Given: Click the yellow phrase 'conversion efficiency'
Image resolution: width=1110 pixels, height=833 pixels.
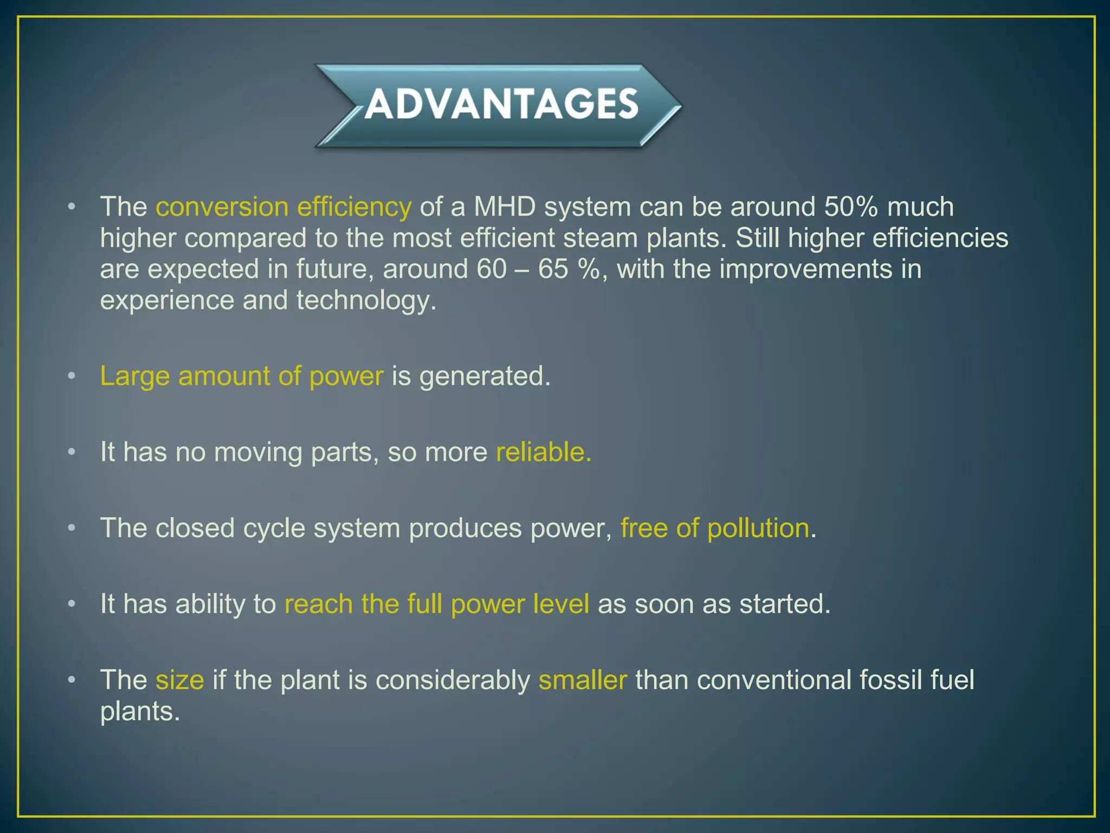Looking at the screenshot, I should pos(283,207).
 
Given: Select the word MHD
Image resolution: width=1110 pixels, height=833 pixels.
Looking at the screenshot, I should pos(505,207).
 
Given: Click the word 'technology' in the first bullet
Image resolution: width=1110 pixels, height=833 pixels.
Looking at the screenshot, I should pos(363,301).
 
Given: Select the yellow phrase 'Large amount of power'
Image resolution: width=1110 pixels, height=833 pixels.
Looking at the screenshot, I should pos(242,376).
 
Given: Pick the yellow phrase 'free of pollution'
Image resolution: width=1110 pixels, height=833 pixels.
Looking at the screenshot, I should pos(714,528).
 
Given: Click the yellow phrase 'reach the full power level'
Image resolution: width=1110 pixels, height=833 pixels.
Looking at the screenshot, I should pos(436,604).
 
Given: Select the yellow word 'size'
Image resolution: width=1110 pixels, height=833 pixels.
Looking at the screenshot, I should pos(179,680).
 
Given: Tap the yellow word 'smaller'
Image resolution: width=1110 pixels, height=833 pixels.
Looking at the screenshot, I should pos(583,680).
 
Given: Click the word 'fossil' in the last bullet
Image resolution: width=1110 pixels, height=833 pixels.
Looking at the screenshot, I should pos(890,680).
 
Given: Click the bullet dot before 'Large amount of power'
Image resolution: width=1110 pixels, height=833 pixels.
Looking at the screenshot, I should pos(72,376).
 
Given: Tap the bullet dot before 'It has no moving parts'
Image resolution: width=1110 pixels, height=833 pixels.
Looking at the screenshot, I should pos(72,452).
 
